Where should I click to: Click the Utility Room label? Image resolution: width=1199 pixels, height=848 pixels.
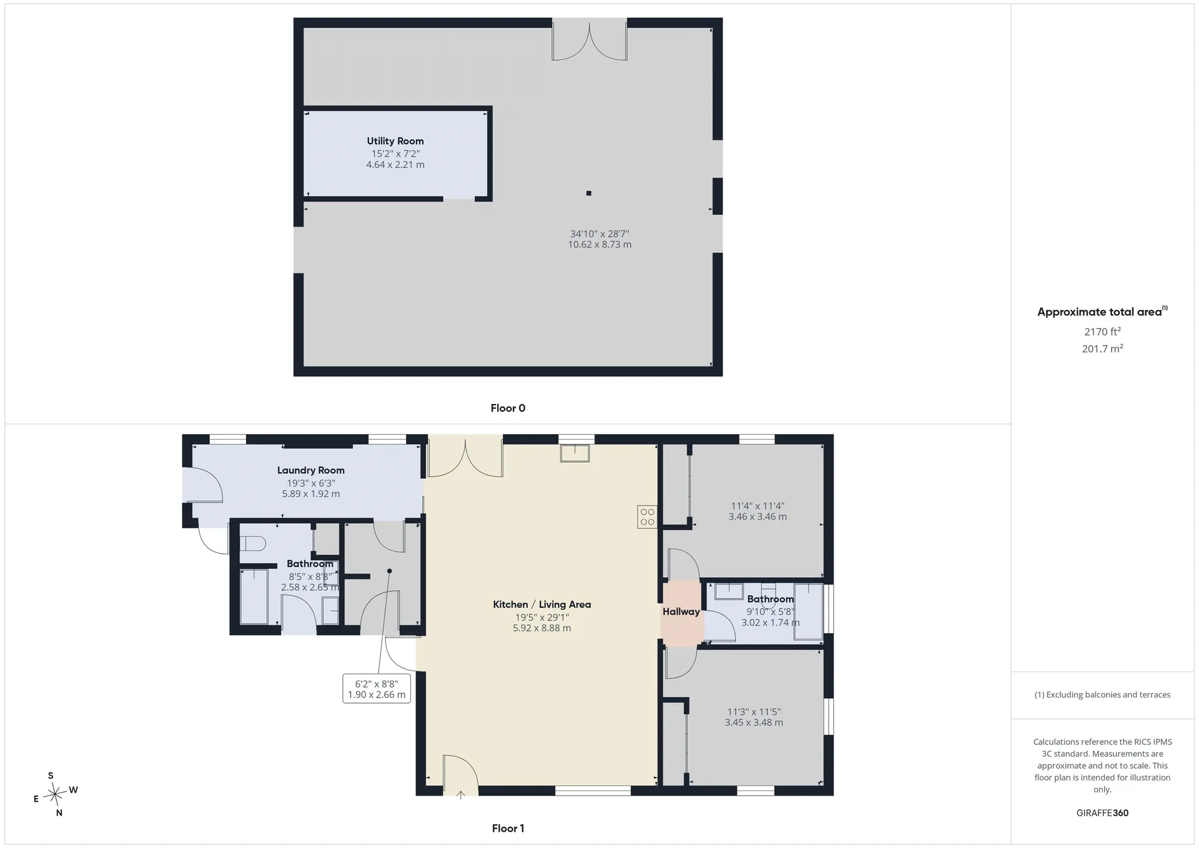tap(395, 141)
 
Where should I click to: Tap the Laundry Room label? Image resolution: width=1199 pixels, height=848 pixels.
tap(311, 470)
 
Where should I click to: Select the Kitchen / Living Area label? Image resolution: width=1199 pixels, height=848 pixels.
tap(542, 604)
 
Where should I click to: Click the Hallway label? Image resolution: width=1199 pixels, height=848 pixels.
tap(681, 612)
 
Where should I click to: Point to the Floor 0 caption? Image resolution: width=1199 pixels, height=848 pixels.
tap(508, 408)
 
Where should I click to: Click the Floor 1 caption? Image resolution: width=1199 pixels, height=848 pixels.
tap(508, 829)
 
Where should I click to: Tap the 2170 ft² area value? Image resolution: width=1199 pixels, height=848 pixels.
tap(1102, 332)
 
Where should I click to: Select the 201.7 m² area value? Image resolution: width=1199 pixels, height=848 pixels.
tap(1102, 348)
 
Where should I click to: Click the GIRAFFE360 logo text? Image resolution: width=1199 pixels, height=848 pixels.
tap(1102, 813)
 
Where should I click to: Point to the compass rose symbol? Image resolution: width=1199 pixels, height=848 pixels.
tap(56, 794)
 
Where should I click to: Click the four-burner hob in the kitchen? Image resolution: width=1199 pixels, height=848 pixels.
tap(648, 517)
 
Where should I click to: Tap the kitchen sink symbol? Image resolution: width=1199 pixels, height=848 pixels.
tap(575, 453)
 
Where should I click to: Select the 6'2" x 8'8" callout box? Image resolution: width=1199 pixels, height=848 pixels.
tap(377, 689)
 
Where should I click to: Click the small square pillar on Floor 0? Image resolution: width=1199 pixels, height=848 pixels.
tap(589, 194)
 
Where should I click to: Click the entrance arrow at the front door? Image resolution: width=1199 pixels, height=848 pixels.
tap(461, 795)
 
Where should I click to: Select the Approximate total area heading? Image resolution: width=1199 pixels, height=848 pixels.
tap(1102, 312)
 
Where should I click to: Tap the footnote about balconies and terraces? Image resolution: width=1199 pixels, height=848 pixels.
tap(1102, 695)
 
